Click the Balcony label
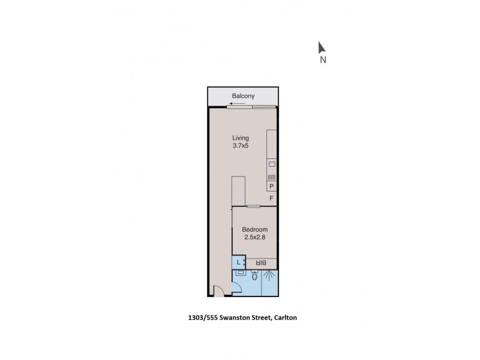(244, 96)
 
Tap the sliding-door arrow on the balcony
(243, 103)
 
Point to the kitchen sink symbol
(272, 164)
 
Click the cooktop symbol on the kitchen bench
(272, 177)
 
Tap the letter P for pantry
(272, 187)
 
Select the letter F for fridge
(272, 198)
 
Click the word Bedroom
(254, 230)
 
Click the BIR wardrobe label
(261, 263)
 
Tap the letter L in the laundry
(238, 262)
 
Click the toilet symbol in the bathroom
(255, 277)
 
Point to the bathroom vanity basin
(240, 272)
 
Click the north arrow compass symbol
(322, 47)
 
